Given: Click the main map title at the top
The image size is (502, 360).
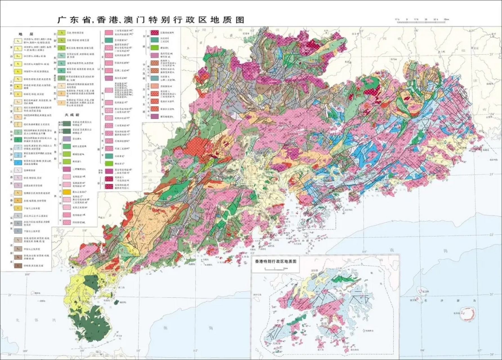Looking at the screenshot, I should [151, 20].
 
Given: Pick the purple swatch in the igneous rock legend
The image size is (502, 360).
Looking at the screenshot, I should [67, 139].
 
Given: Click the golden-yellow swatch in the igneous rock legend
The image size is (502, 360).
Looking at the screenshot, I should [67, 192].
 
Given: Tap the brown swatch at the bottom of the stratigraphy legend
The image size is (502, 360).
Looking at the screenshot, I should [18, 265].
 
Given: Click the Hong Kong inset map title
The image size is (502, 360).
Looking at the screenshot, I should [275, 261].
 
